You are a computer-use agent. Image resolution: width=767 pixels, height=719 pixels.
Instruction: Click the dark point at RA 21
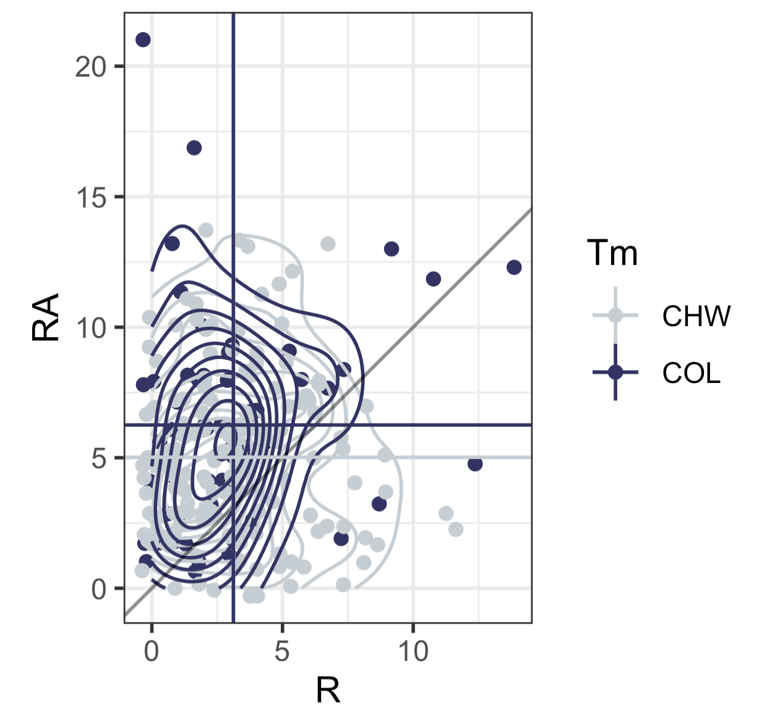tap(143, 40)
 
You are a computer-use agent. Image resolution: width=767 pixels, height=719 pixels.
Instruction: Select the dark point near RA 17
tap(194, 148)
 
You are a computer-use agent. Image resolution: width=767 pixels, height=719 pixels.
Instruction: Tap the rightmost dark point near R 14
tap(514, 267)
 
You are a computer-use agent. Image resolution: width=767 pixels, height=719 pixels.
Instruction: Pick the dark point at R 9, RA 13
tap(392, 249)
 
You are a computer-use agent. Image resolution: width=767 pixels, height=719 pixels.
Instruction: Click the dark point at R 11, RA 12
tap(434, 279)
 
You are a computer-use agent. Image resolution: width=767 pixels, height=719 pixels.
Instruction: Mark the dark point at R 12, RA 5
tap(475, 464)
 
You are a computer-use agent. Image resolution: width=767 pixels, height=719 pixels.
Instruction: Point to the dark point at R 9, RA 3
tap(379, 504)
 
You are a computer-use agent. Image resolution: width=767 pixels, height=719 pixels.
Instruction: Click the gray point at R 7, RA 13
tap(328, 244)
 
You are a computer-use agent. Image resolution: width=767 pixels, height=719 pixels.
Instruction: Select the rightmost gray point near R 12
tap(456, 530)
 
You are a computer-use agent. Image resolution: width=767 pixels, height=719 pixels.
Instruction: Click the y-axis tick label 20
tap(91, 67)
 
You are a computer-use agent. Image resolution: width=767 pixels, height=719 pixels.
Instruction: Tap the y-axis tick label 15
tap(91, 198)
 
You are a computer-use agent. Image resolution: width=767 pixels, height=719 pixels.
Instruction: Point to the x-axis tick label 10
tap(413, 652)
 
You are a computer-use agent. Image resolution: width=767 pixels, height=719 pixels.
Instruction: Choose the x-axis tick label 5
tap(282, 652)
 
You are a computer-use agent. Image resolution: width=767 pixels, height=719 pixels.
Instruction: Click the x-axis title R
tap(328, 691)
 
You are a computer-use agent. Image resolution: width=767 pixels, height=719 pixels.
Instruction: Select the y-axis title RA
tap(46, 317)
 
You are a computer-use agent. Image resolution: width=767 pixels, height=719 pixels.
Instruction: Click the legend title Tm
tap(612, 253)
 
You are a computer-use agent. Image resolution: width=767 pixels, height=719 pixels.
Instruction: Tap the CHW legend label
tap(696, 316)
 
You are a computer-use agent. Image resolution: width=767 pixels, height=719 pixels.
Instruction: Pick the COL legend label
tap(691, 373)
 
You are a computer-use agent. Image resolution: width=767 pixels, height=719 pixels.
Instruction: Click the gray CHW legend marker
tap(615, 316)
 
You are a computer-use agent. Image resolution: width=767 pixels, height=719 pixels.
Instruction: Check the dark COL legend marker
tap(615, 372)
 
